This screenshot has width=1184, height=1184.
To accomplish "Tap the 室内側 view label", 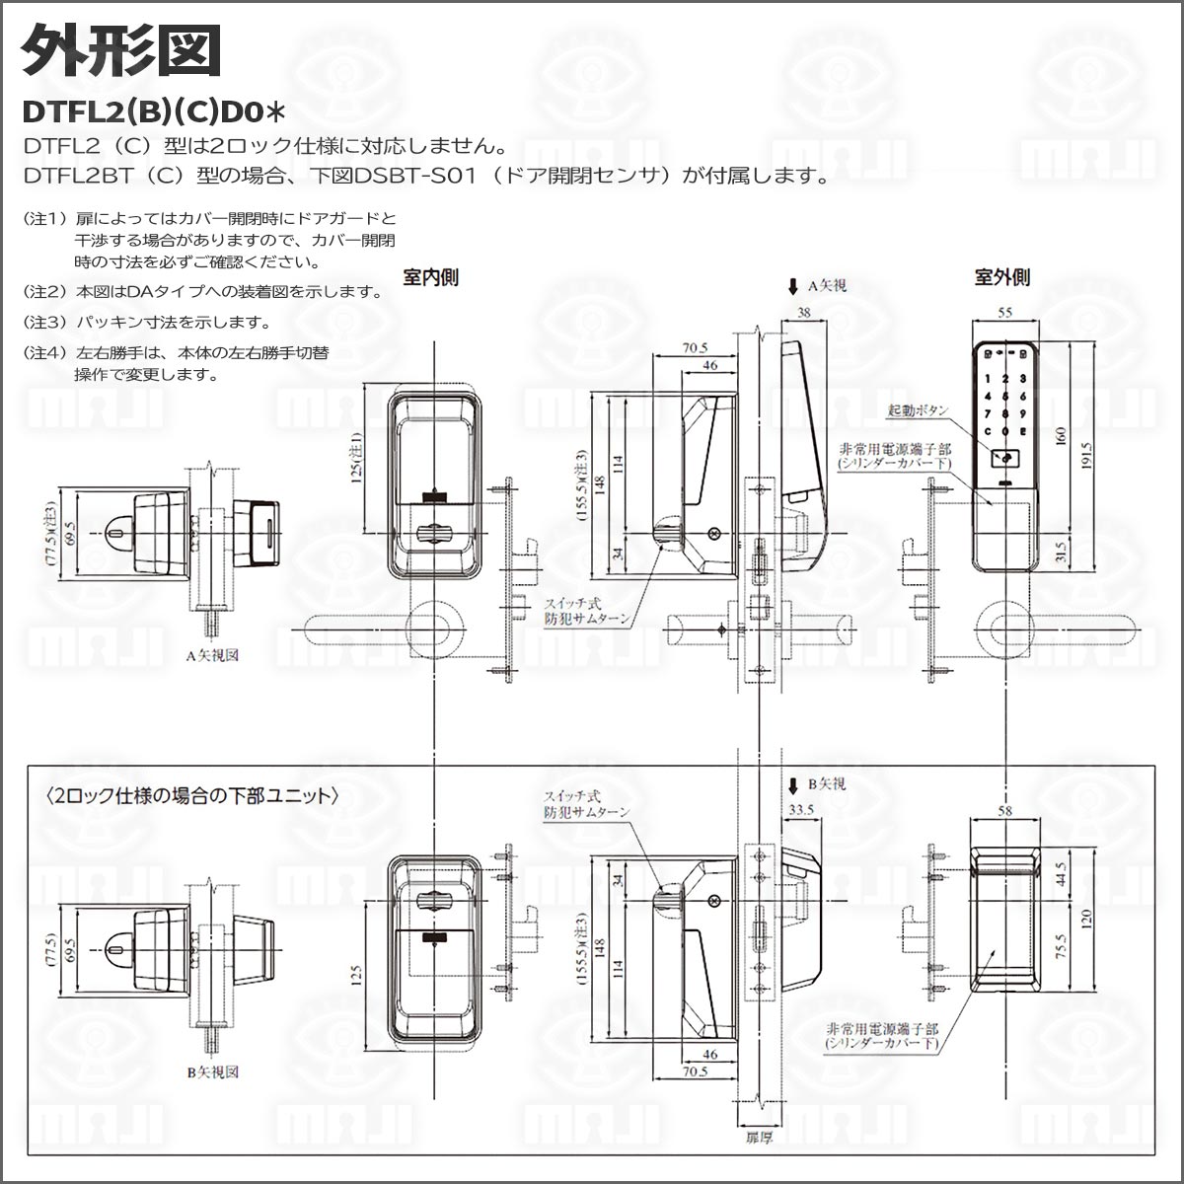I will click(x=431, y=277).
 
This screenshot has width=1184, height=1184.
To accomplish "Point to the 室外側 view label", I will click(x=1001, y=277).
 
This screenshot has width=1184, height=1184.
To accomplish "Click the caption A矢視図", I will click(x=213, y=654).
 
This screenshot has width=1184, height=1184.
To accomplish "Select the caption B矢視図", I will click(x=213, y=1072).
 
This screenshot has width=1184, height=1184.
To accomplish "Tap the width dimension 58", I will click(x=1004, y=810).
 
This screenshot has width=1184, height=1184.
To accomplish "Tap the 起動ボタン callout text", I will click(x=918, y=409).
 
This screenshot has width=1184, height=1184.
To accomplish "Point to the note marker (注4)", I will click(x=43, y=352).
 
